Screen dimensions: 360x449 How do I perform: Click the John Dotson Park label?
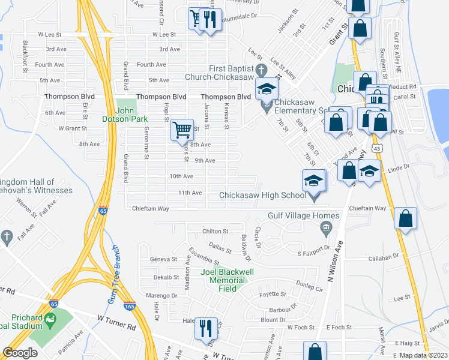tap(131, 114)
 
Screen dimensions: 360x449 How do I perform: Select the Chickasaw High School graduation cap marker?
tap(314, 181)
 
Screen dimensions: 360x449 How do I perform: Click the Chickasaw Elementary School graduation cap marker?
tap(267, 90)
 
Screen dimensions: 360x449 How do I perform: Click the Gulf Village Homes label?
tap(297, 215)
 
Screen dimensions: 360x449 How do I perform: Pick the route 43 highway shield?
tap(375, 147)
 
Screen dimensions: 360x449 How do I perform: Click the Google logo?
tap(20, 352)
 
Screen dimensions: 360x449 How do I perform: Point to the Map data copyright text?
tap(423, 355)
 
